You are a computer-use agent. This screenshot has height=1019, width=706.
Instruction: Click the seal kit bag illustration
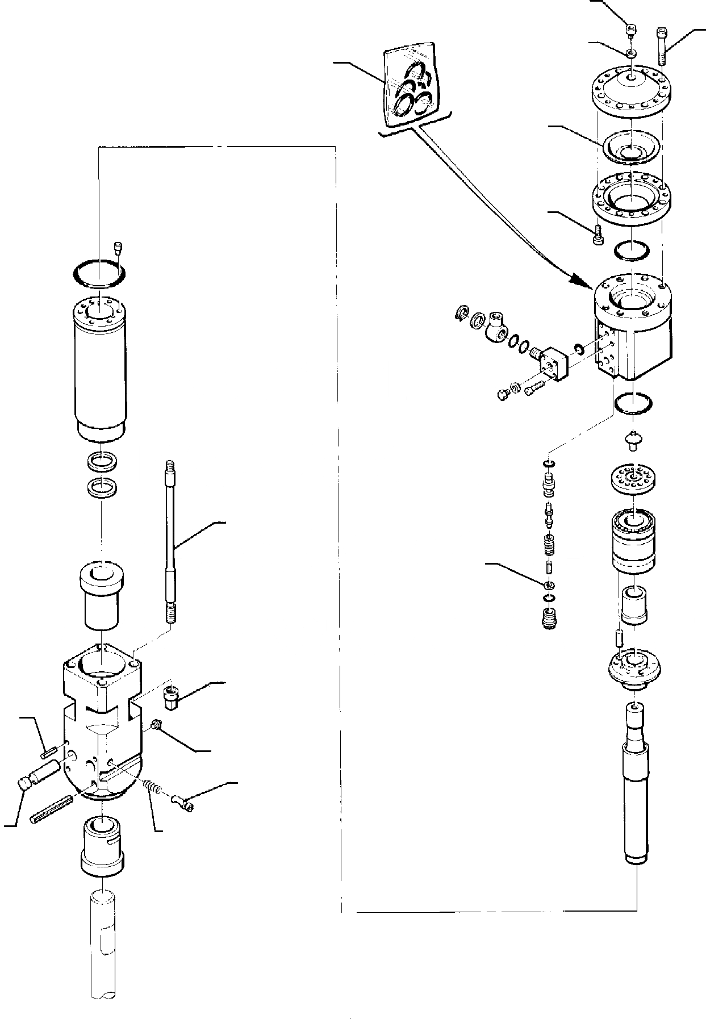click(410, 85)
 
